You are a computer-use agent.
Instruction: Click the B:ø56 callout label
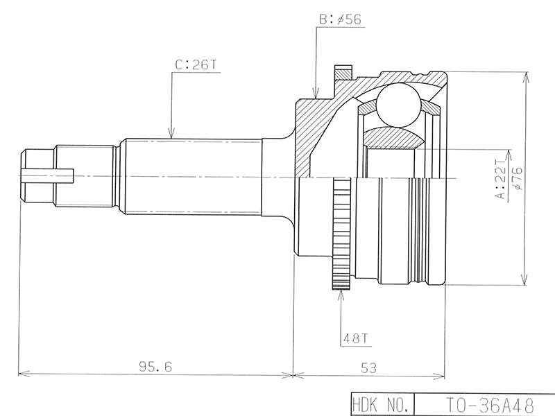(x=340, y=19)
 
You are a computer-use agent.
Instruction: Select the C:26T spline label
(x=196, y=65)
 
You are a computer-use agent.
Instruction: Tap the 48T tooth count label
(x=355, y=338)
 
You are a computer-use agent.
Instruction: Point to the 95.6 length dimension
(x=155, y=367)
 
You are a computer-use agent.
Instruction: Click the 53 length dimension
(x=368, y=368)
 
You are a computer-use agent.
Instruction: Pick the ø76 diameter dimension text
(x=517, y=178)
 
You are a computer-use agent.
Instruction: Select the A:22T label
(x=501, y=180)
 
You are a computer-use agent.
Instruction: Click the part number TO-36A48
(x=489, y=406)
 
